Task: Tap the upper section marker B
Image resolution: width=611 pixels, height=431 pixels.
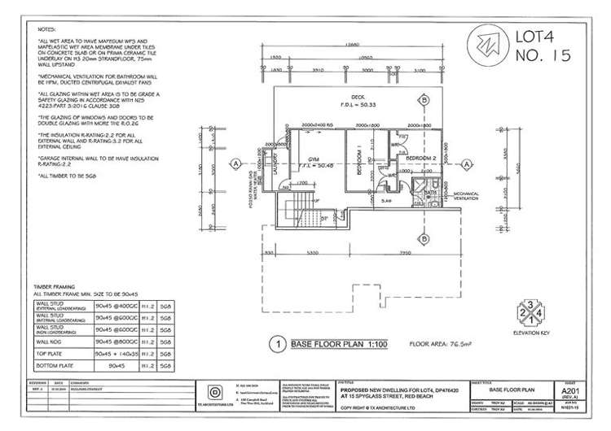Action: (424, 99)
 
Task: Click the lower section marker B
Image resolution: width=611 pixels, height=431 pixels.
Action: (424, 238)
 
